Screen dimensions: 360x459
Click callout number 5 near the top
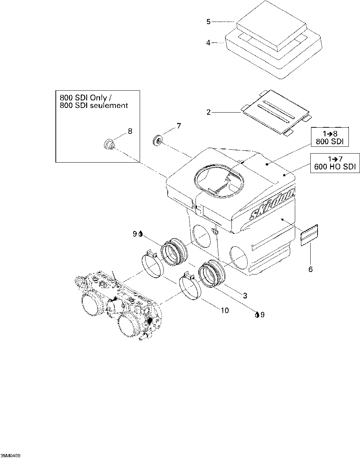coord(208,22)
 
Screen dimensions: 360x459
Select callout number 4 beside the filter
coord(208,43)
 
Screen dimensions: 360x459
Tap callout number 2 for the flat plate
coord(209,112)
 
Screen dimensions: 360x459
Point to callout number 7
coord(179,126)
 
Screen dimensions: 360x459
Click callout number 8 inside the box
coord(130,131)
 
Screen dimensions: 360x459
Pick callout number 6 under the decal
coord(311,269)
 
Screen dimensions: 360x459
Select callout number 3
coord(245,296)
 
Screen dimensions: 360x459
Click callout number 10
coord(225,310)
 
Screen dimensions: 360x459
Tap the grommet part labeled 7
coord(158,140)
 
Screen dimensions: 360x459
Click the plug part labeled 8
coord(109,144)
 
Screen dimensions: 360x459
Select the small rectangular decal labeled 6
coord(309,235)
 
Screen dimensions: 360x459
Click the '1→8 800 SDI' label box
coord(330,137)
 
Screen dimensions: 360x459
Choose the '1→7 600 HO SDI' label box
coord(335,163)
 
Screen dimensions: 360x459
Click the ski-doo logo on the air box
coord(272,204)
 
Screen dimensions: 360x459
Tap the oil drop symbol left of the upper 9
coord(140,234)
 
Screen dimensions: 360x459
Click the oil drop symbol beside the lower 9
coord(257,315)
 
